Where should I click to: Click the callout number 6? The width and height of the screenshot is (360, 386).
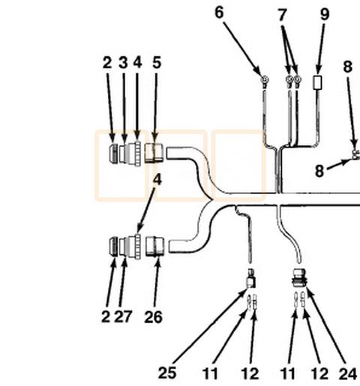pos(219,13)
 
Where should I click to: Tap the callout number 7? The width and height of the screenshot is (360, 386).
pos(282,15)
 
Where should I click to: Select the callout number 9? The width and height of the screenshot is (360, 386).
pos(325,14)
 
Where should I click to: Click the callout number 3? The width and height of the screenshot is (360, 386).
pos(123,62)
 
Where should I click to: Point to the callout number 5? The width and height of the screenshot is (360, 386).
pos(157,62)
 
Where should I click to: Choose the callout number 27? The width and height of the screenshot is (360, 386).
pos(123,316)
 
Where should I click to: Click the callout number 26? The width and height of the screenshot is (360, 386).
pos(153,317)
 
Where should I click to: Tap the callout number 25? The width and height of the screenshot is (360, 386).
pos(167,373)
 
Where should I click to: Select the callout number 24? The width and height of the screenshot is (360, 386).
pos(348,374)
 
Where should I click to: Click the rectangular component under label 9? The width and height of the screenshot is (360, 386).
pos(317,82)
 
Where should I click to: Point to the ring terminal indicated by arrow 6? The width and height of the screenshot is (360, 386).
pos(265,81)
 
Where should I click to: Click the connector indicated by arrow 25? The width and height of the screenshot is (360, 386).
pos(250,278)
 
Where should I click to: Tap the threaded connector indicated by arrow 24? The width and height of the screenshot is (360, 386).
pos(298,277)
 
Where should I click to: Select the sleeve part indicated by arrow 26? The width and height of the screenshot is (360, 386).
pos(155,247)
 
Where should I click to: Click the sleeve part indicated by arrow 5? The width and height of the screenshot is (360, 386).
pos(154,153)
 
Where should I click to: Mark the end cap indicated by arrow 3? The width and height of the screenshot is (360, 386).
pos(124,154)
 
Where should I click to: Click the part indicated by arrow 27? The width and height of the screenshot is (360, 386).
pos(124,247)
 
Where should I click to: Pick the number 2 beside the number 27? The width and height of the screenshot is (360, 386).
pos(106,316)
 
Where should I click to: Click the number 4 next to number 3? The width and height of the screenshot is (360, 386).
pos(137,62)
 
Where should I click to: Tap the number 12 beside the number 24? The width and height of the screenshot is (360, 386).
pos(319,374)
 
